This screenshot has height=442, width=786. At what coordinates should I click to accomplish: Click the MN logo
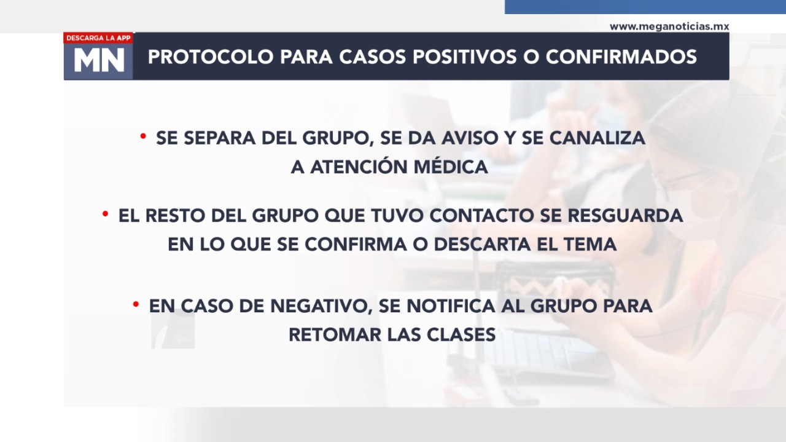(99, 60)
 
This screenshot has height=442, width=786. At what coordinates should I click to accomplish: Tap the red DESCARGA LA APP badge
(98, 38)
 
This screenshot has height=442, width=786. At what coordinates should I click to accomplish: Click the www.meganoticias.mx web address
(669, 26)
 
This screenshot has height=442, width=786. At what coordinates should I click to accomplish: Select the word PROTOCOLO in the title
(211, 57)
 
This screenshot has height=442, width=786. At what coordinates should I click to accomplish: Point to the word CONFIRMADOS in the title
(621, 57)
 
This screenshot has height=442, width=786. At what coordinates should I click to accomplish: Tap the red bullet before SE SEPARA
(143, 136)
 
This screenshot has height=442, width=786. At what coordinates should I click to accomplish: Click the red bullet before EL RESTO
(105, 213)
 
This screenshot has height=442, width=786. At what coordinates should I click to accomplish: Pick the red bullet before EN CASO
(136, 304)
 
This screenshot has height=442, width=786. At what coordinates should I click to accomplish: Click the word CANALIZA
(597, 138)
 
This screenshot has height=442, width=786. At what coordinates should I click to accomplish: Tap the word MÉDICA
(451, 167)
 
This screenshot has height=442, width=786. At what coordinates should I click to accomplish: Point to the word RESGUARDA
(625, 215)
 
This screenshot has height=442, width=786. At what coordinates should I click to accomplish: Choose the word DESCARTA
(483, 244)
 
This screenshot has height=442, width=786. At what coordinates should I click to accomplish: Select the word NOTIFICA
(451, 306)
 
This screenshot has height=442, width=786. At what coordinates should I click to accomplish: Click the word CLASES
(461, 334)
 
